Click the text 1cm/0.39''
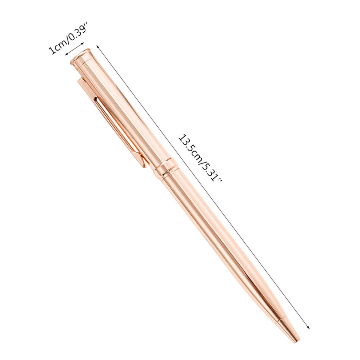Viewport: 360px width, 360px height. tap(67, 41)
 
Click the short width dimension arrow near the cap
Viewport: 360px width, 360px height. tap(75, 48)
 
